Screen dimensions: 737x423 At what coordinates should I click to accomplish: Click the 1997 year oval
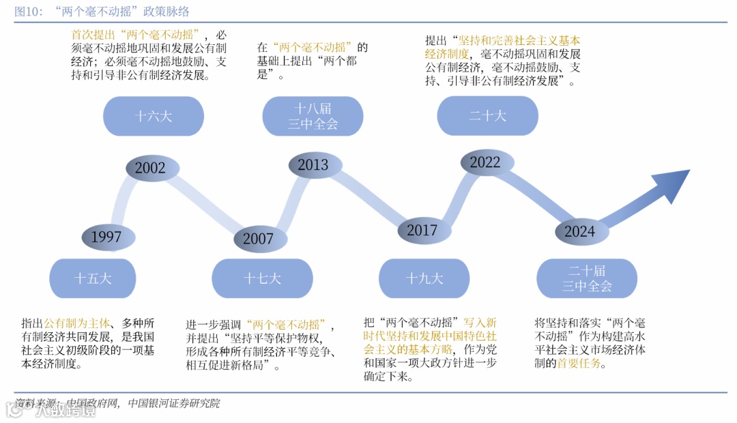click(x=106, y=237)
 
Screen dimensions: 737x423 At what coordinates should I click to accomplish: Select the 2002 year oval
click(x=150, y=169)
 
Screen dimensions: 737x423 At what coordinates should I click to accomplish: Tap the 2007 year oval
click(x=258, y=239)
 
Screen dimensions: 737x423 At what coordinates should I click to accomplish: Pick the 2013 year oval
click(x=313, y=164)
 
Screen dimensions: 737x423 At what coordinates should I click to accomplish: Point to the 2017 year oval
click(x=422, y=231)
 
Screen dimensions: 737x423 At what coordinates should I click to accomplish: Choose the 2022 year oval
click(x=485, y=162)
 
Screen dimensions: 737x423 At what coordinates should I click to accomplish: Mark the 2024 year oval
click(x=579, y=231)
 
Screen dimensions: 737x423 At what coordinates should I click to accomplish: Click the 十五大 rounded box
click(x=93, y=278)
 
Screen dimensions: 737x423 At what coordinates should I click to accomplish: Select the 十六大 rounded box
click(x=153, y=116)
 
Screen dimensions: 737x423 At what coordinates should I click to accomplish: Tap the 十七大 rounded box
click(x=262, y=278)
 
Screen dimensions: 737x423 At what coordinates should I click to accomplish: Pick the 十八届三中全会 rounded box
click(x=313, y=116)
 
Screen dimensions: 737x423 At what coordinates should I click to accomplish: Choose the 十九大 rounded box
click(x=424, y=278)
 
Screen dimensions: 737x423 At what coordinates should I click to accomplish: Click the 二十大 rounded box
click(x=487, y=116)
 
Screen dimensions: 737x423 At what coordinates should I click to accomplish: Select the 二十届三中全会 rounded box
click(x=587, y=278)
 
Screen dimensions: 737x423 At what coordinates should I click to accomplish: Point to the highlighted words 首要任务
click(x=581, y=364)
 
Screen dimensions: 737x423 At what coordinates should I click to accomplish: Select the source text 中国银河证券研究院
click(x=173, y=403)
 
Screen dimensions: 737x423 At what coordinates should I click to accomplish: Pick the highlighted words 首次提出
click(x=93, y=34)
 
